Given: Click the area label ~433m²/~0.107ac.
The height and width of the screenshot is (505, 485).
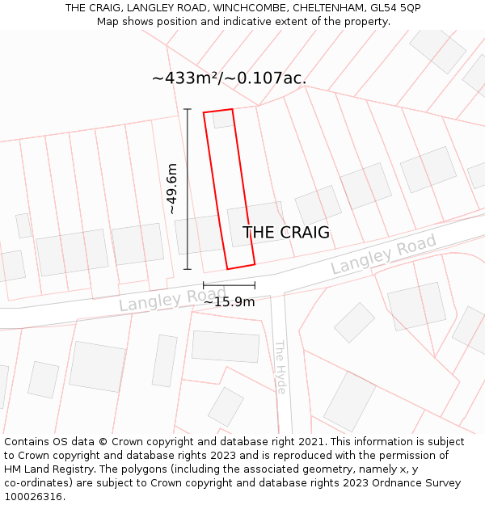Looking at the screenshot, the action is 229,78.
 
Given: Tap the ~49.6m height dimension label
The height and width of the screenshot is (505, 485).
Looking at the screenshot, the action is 172,189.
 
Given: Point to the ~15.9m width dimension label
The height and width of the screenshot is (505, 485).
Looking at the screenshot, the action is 229,302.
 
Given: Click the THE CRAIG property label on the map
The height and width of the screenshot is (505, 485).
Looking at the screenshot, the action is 286,233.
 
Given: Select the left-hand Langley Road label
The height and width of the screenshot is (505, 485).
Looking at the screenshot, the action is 162,299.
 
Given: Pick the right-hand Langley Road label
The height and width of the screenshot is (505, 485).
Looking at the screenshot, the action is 383,254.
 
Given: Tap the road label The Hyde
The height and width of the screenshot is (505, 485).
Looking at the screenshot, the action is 280,367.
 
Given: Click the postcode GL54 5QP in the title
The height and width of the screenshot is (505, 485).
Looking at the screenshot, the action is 394,8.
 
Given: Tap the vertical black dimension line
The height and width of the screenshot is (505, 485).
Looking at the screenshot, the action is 188,189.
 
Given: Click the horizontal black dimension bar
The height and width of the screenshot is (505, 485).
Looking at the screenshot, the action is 229,285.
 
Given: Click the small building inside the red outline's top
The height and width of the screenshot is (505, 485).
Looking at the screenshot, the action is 222,120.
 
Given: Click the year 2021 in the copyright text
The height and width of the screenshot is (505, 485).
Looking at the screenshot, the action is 312,442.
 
